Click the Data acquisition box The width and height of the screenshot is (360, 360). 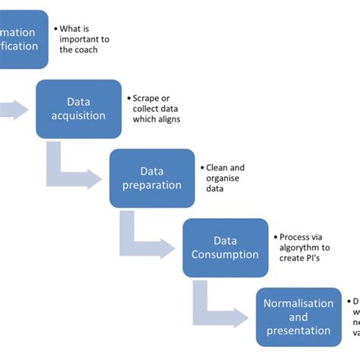coord(78,108)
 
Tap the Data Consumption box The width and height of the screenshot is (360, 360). coord(225,248)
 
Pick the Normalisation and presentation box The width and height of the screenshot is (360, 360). coord(298,317)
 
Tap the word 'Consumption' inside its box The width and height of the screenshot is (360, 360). coord(225,254)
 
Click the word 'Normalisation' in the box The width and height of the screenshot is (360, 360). coord(298,303)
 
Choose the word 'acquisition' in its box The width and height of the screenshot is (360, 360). coord(78,115)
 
